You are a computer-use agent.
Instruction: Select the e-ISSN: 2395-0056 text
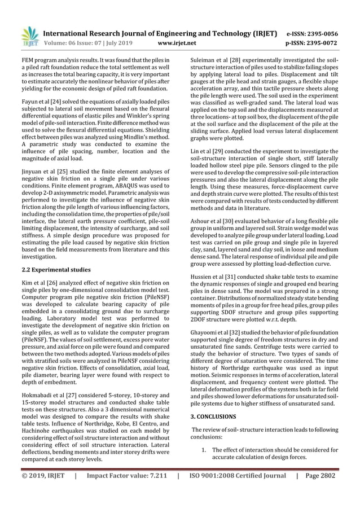point(309,33)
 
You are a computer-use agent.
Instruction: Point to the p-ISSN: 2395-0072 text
point(309,42)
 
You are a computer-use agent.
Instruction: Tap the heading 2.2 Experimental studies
point(56,270)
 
